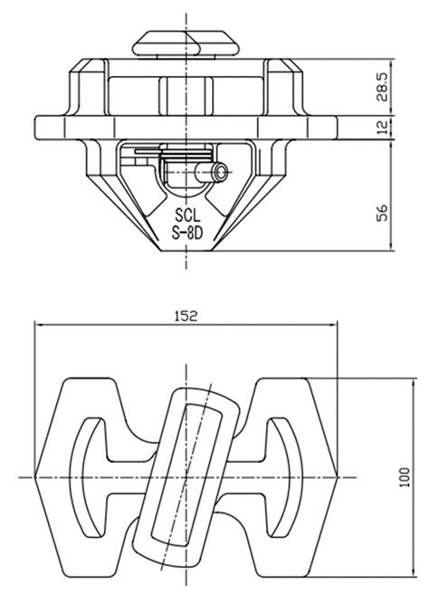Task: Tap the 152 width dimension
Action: [x=186, y=316]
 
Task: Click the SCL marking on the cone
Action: [x=188, y=216]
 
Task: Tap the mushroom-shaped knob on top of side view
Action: [x=188, y=43]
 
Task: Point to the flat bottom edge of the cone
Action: [x=187, y=254]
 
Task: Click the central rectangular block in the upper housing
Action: [x=187, y=93]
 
